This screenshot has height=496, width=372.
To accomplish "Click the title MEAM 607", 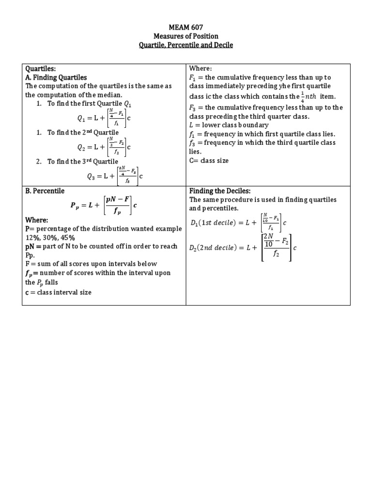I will coord(186,28).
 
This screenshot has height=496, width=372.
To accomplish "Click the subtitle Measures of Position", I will coord(186,36).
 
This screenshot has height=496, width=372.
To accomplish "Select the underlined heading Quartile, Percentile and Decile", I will coord(186,45).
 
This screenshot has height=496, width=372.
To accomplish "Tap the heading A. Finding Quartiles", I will coord(56,77).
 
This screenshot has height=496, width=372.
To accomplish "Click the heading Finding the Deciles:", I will coord(219,191).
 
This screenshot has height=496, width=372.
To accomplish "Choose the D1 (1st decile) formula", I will coord(239,222).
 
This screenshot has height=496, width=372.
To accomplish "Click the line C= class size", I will coord(209,160).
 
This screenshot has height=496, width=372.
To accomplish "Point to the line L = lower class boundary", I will coord(229,125).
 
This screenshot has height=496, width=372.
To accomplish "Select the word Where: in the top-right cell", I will coord(201,69).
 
